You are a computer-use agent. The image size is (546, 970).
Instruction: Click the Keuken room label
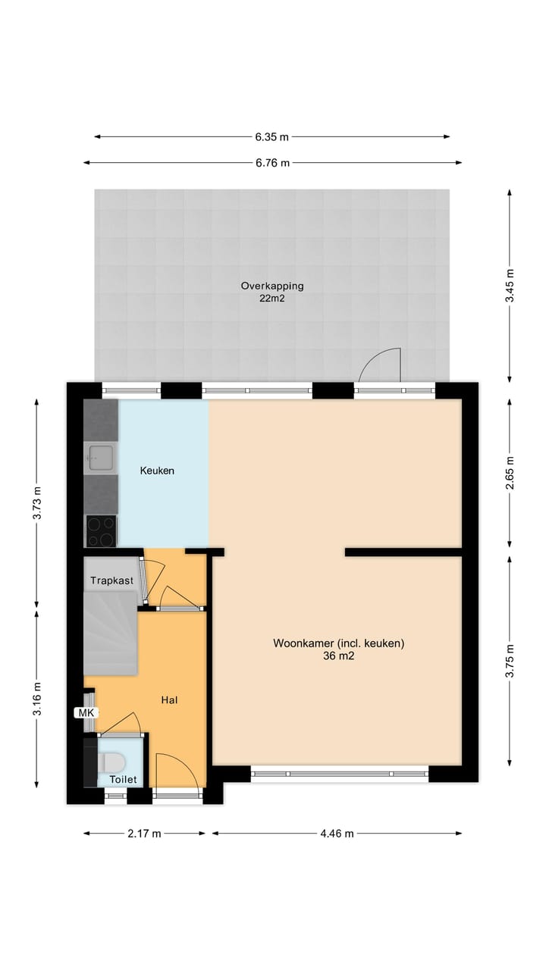[x=157, y=471]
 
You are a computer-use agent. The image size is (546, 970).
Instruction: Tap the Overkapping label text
[x=272, y=286]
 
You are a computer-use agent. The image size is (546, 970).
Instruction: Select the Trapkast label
[x=112, y=580]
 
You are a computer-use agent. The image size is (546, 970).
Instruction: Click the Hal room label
[x=169, y=700]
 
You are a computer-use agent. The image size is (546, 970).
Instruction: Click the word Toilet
[x=123, y=779]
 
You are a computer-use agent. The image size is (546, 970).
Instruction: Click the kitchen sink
[x=100, y=457]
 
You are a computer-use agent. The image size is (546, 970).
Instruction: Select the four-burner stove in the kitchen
[x=101, y=530]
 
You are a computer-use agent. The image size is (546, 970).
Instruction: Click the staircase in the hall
[x=111, y=634]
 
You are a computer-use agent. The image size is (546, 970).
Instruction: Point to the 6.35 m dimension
[x=271, y=137]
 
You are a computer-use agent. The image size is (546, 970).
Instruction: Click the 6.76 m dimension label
[x=271, y=163]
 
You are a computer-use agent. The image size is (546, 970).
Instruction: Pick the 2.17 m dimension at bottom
[x=144, y=834]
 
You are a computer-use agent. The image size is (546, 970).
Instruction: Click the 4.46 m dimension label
[x=337, y=834]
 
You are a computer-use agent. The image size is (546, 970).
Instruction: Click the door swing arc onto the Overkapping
[x=379, y=364]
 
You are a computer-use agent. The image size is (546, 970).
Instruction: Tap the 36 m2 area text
[x=338, y=657]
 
